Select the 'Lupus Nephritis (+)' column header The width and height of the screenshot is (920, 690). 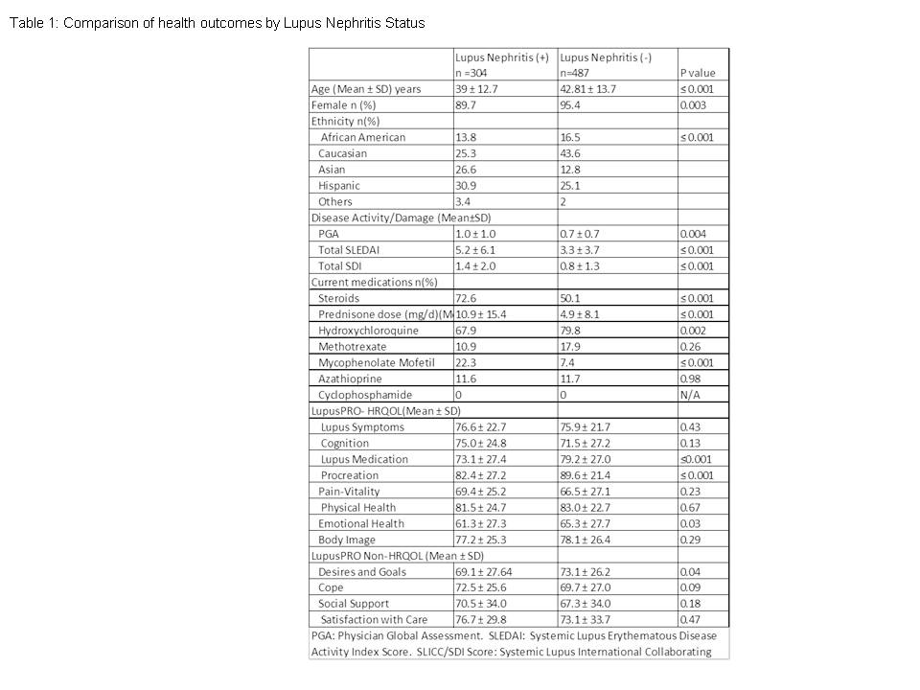(501, 57)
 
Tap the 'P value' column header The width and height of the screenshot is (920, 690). (697, 73)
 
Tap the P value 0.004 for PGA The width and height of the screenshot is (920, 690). (693, 234)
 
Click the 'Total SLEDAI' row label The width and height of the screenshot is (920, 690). (352, 250)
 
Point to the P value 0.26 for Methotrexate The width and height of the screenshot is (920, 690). (689, 347)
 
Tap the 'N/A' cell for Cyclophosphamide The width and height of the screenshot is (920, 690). (689, 395)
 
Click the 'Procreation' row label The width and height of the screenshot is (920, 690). (350, 475)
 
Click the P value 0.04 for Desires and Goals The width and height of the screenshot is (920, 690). (689, 572)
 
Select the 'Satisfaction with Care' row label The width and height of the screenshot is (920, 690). (375, 620)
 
